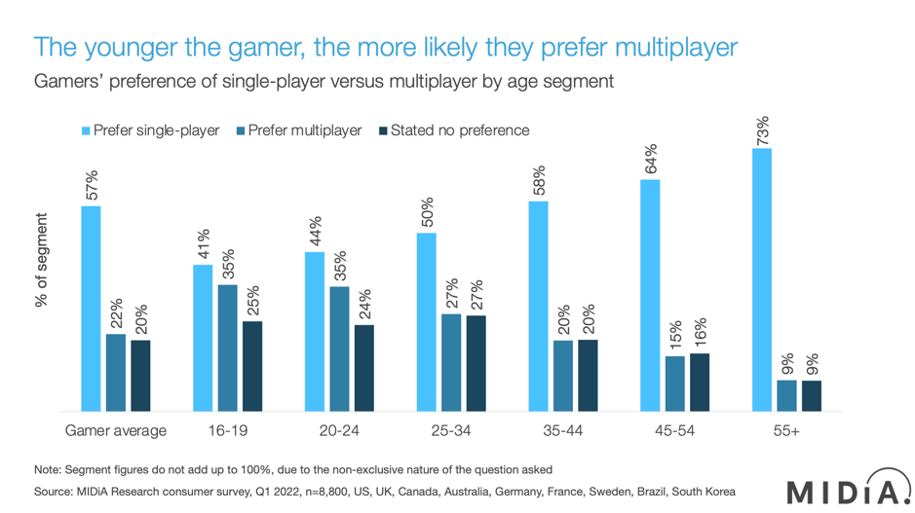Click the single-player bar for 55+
point(762,280)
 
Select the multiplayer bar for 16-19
point(227,348)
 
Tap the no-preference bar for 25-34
point(476,363)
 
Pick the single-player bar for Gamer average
point(91,309)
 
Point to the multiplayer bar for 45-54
point(674,384)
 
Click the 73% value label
point(762,130)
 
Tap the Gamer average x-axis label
point(116,430)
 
